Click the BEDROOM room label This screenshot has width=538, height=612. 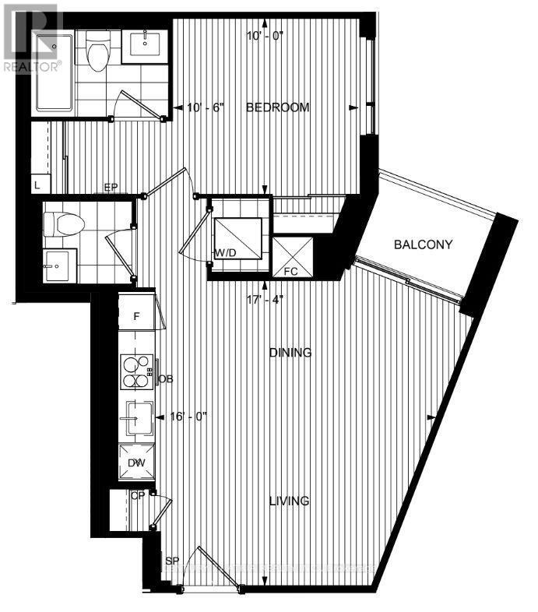[278, 107]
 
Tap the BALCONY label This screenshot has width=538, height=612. [424, 244]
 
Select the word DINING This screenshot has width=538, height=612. [290, 353]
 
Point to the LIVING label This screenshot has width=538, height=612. [290, 501]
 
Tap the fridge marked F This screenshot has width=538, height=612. [135, 318]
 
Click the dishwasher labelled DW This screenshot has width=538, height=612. [136, 463]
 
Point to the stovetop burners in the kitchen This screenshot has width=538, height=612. [135, 371]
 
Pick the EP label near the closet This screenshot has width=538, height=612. [112, 188]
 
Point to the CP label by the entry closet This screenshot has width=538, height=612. [138, 494]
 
